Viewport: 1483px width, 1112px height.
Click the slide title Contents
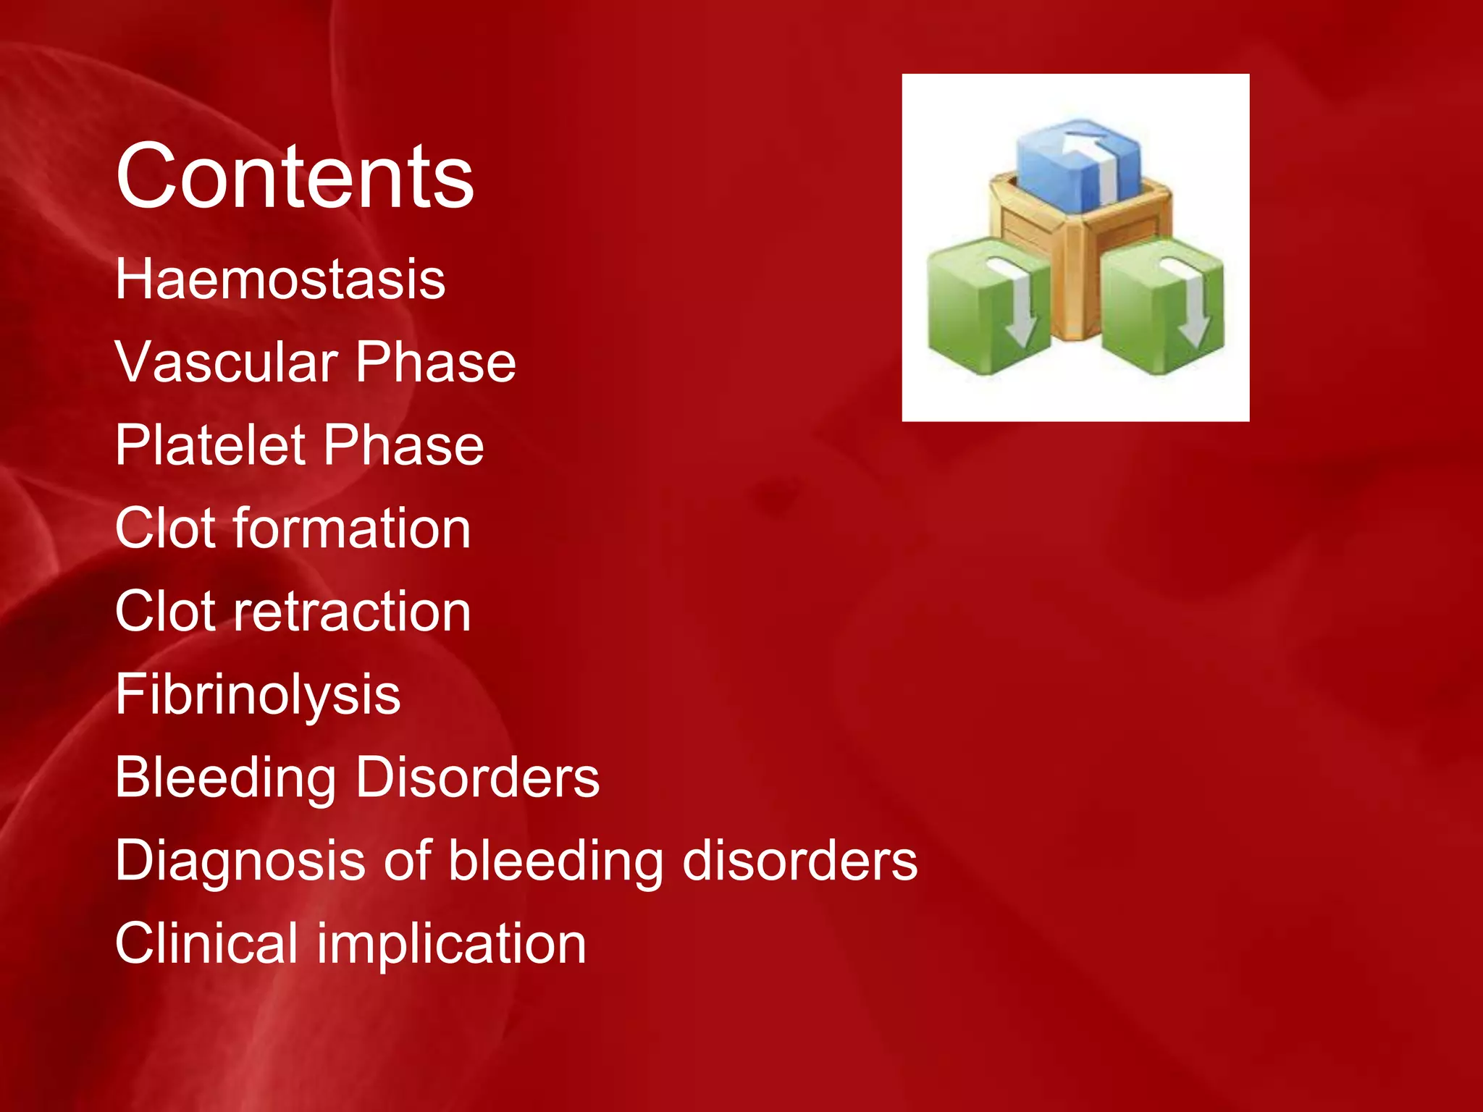(295, 176)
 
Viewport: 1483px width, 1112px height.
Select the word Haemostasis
(280, 279)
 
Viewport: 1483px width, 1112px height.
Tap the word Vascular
(227, 362)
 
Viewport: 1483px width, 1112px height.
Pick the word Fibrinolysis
(258, 694)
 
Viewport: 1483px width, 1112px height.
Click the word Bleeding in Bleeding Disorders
(225, 778)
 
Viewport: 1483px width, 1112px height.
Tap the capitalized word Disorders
(478, 778)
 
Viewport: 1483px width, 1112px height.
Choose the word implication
(452, 944)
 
